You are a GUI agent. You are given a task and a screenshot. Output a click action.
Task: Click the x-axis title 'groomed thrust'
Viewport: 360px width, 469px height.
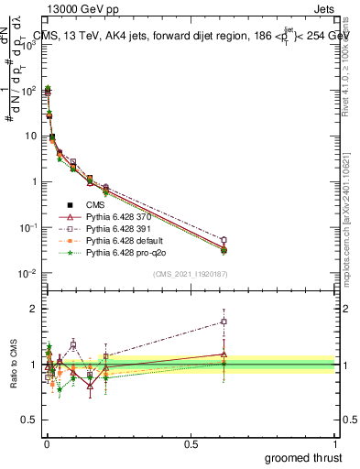pos(303,456)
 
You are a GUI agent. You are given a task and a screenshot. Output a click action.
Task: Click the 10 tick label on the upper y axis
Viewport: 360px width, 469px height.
pos(29,136)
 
